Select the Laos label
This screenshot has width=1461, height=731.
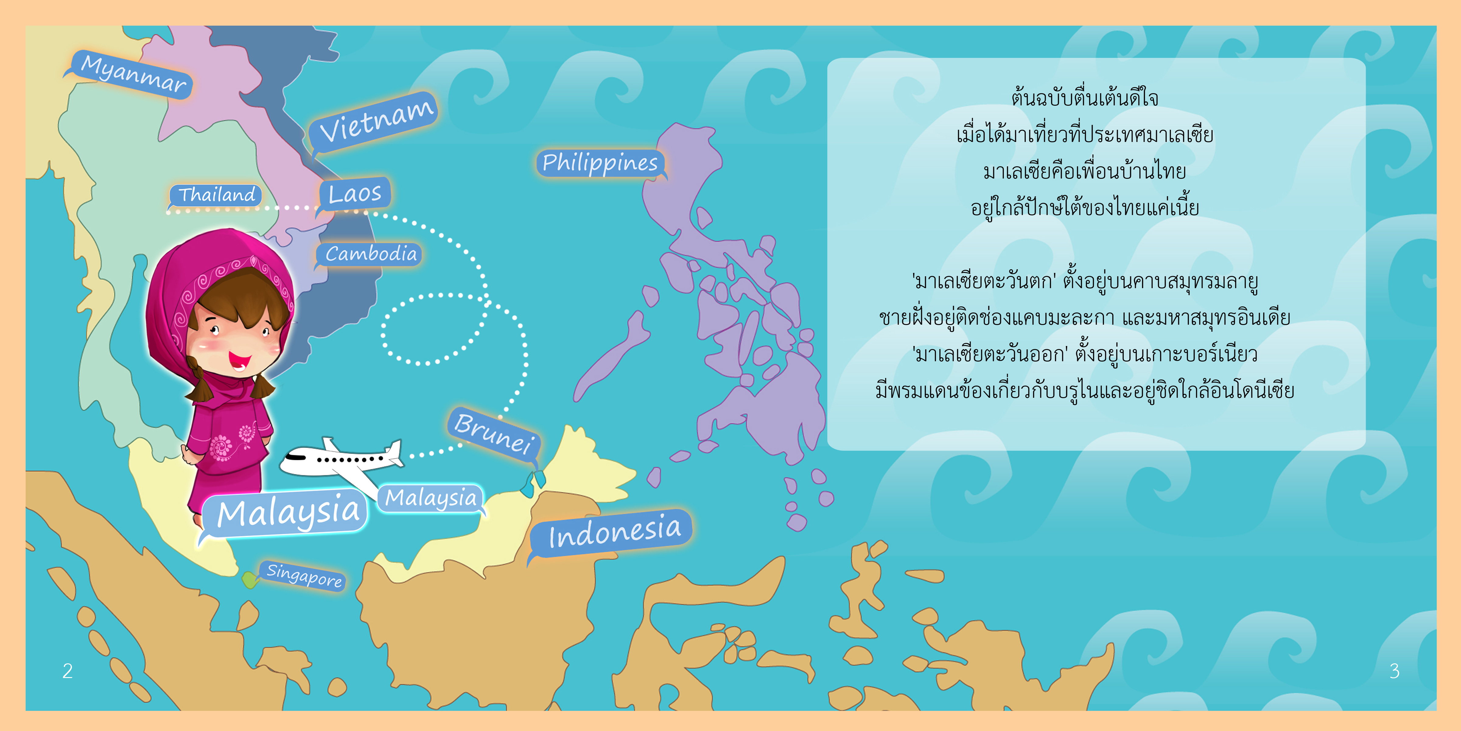click(355, 193)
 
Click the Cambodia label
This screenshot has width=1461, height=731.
click(370, 254)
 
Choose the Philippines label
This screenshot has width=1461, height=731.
click(600, 163)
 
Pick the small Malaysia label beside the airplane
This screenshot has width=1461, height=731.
click(431, 498)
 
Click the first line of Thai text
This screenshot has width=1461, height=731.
click(1084, 97)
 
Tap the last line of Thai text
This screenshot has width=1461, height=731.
click(1084, 390)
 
